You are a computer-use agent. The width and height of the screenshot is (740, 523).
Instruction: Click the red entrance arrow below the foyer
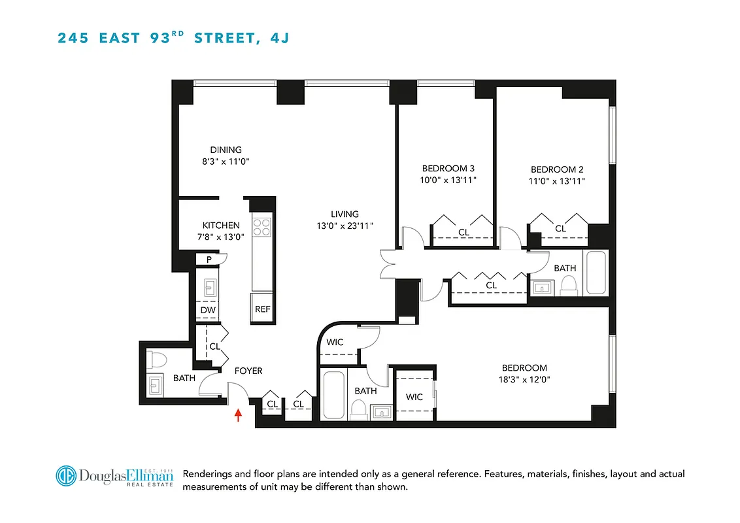point(238,415)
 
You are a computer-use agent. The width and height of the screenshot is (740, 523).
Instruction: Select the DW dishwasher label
point(208,310)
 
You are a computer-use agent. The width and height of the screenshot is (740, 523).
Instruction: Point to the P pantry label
point(209,260)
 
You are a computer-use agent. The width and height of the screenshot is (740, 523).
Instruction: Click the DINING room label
point(226,150)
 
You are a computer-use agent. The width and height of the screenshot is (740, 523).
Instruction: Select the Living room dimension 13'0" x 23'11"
point(345,226)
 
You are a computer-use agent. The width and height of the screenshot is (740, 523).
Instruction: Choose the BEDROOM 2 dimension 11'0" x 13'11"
point(558,181)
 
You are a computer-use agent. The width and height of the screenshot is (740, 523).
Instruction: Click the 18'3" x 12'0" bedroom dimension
point(524,380)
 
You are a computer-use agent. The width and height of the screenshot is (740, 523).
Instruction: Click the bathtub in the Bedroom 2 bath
point(596,273)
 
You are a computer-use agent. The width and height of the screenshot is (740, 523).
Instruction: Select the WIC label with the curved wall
point(335,343)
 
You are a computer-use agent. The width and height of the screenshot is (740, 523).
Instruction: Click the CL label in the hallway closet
point(491,286)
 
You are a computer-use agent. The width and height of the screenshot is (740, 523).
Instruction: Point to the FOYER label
point(248,371)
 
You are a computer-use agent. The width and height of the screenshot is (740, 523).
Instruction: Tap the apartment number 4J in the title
point(279,38)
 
